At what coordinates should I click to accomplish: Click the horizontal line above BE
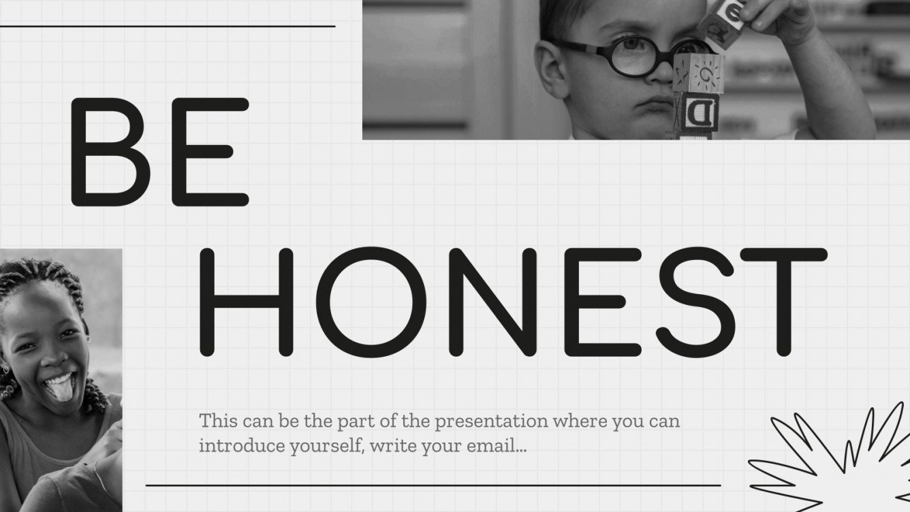168,27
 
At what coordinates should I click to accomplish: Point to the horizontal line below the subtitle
433,485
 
